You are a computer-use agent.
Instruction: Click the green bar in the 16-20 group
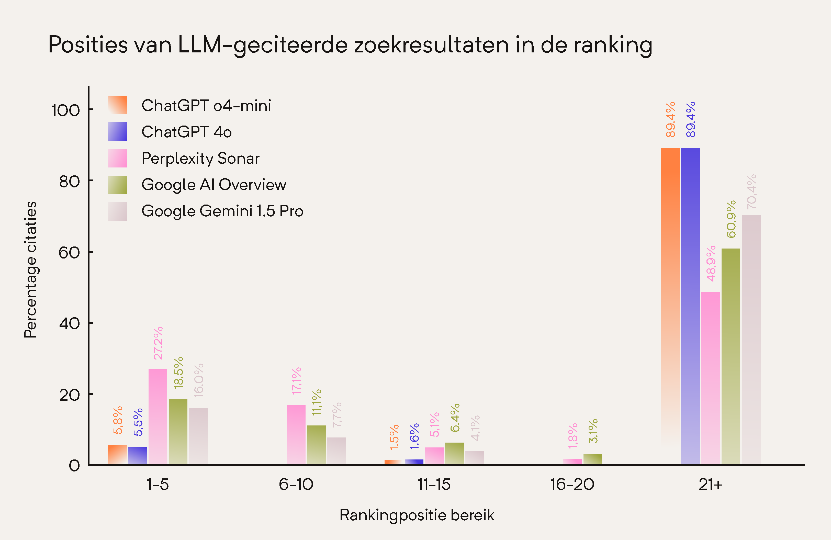click(x=592, y=459)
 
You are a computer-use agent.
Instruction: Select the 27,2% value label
click(x=158, y=343)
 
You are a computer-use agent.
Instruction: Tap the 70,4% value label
click(x=751, y=192)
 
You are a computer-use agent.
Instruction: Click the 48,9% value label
click(x=711, y=264)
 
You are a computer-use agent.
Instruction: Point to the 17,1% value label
click(x=296, y=381)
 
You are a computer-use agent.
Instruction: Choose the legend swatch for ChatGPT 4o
click(x=117, y=132)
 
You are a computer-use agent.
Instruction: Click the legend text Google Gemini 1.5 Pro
click(x=222, y=211)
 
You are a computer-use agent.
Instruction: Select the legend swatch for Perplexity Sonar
click(x=117, y=158)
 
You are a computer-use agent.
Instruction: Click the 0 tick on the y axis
click(x=74, y=466)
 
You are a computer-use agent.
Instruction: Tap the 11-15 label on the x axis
click(x=434, y=485)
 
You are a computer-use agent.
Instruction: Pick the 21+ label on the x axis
click(x=710, y=485)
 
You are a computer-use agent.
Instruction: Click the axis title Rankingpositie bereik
click(x=417, y=515)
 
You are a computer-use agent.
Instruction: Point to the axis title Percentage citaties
click(x=30, y=269)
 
